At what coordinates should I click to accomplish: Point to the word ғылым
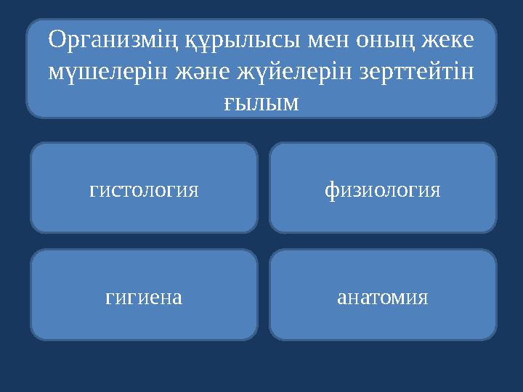(261, 103)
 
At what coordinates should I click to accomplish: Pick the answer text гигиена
(144, 297)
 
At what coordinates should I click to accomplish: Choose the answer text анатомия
(383, 297)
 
